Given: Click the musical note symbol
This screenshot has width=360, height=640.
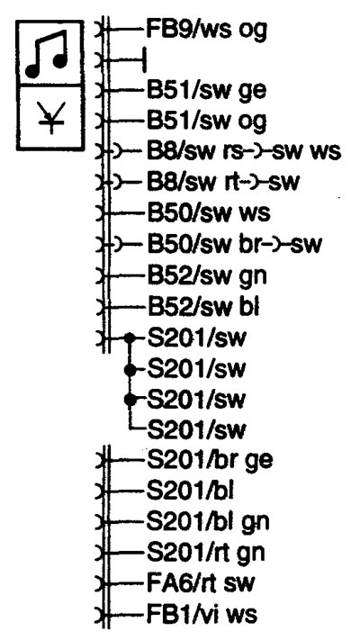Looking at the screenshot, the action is (46, 54).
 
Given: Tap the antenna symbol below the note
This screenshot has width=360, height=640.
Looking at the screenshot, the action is (51, 117).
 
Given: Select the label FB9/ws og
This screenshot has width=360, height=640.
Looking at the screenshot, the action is (206, 31).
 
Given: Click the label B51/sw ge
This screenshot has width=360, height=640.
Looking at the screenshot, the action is (206, 91).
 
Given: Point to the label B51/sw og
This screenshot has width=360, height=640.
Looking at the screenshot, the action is (206, 122).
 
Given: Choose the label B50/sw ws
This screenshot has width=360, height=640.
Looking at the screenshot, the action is (208, 213).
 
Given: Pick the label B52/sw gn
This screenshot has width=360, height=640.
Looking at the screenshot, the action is (206, 276).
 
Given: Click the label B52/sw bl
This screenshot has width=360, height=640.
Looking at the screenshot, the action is (202, 307).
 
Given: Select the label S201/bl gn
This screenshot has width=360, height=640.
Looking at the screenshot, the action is (208, 522).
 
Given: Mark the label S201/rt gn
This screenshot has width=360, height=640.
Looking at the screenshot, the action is (205, 553).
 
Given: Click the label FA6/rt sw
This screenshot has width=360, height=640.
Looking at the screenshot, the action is (200, 583).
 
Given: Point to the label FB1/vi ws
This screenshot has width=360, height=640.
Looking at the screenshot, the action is (202, 614).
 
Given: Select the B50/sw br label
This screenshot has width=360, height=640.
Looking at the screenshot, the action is (195, 244).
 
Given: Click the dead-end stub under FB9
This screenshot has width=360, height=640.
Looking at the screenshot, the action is (127, 60).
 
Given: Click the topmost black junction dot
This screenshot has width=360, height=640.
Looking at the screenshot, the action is (130, 338).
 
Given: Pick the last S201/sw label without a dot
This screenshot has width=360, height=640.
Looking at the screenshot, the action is (197, 429).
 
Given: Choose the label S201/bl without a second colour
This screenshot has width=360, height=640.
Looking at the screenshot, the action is (190, 491).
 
